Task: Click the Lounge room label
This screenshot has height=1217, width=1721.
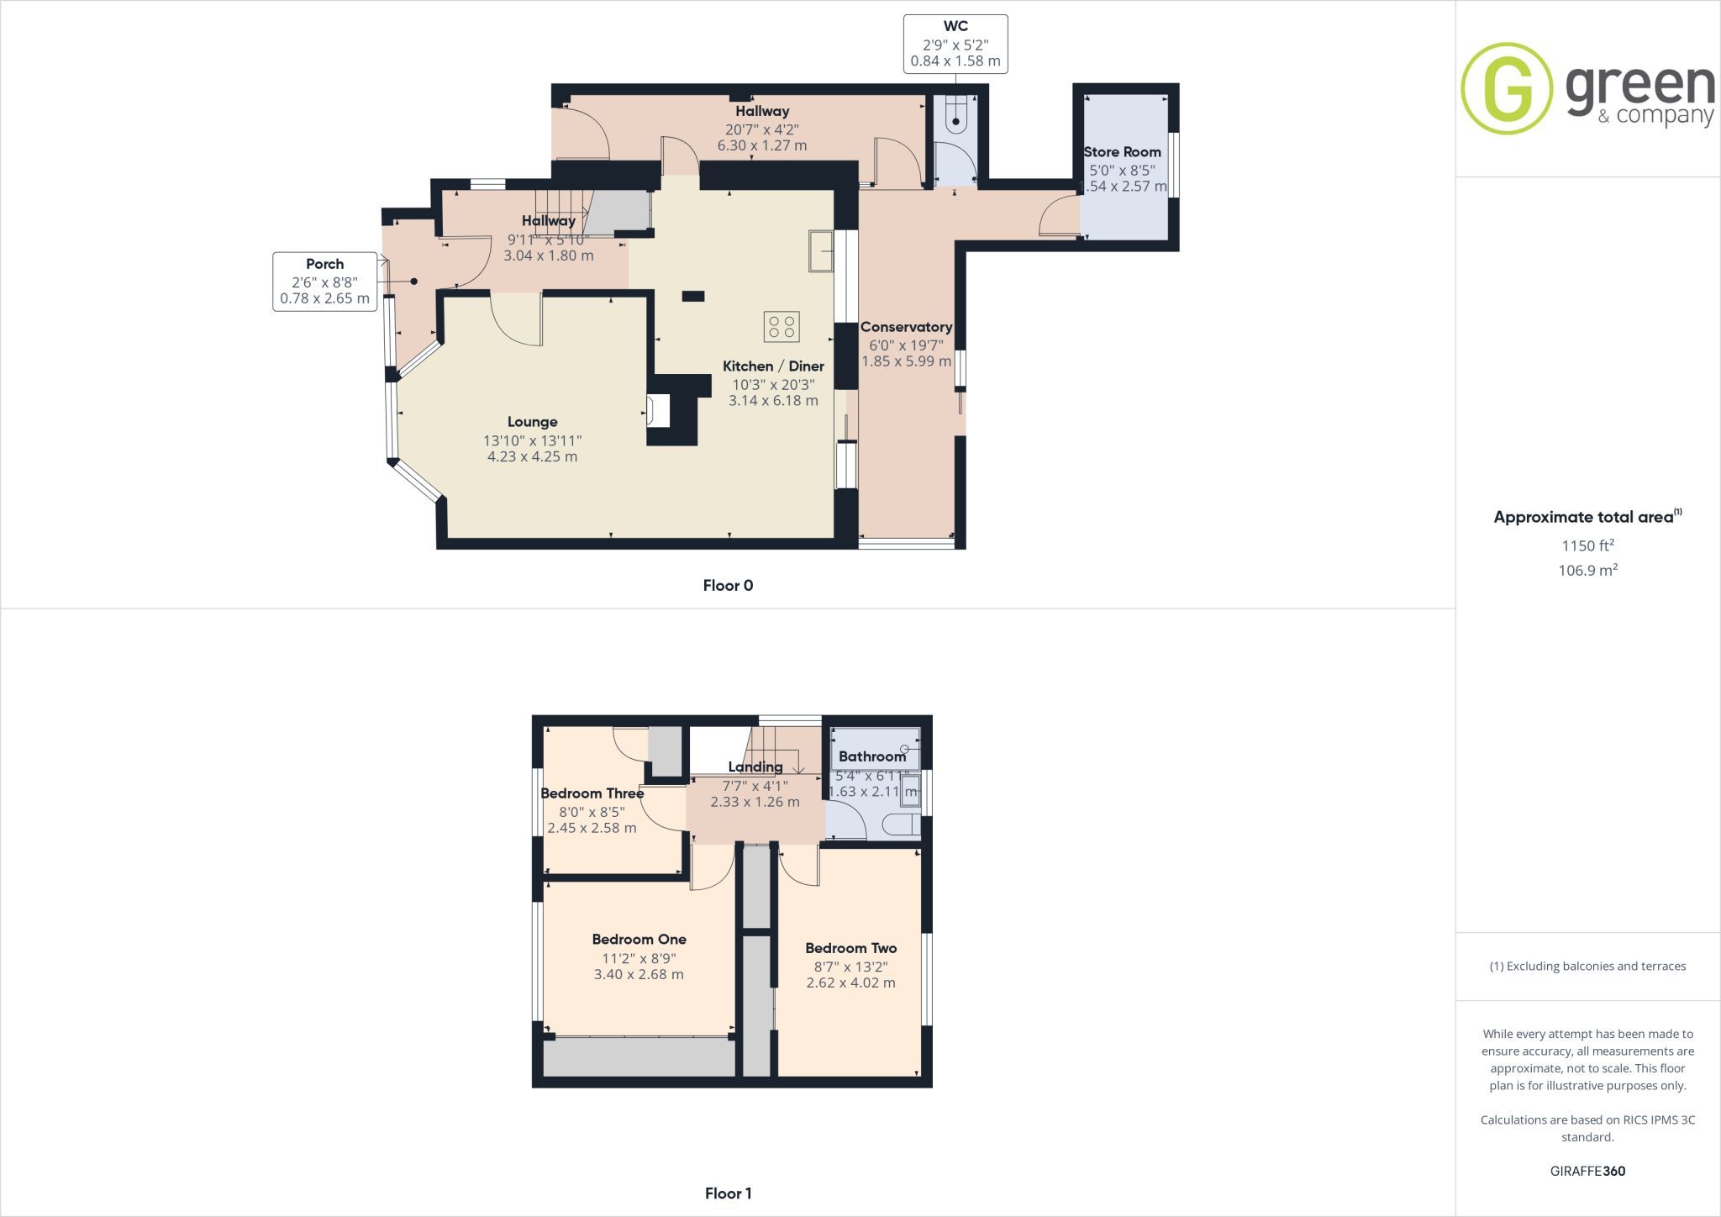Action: coord(532,422)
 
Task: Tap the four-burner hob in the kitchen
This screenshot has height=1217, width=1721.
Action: coord(782,327)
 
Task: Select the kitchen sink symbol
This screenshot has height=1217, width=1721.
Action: coord(821,250)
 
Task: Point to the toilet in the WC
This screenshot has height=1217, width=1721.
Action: coord(956,115)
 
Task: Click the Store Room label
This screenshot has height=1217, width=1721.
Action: coord(1122,152)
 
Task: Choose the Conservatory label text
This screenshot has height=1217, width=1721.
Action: coord(906,327)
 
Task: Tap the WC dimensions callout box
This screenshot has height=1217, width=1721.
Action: coord(955,44)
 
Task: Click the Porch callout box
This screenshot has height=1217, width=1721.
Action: coord(324,282)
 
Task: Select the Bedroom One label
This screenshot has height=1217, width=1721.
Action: coord(639,940)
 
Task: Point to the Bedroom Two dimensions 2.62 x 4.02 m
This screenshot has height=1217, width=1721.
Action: coord(850,983)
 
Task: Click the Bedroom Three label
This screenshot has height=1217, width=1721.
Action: coord(592,793)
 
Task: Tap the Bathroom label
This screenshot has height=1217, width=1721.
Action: coord(872,756)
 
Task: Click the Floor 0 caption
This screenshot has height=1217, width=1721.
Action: coord(728,586)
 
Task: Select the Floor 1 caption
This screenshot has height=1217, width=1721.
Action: coord(728,1193)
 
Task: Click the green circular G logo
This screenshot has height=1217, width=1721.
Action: coord(1507,88)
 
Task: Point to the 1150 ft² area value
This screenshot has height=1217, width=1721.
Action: coord(1587,545)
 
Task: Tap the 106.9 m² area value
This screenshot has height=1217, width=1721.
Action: coord(1587,570)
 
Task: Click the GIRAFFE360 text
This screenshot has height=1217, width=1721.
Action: coord(1587,1171)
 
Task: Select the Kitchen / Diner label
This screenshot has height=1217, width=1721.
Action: coord(773,366)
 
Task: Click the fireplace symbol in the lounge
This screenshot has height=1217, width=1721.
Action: coord(659,411)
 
